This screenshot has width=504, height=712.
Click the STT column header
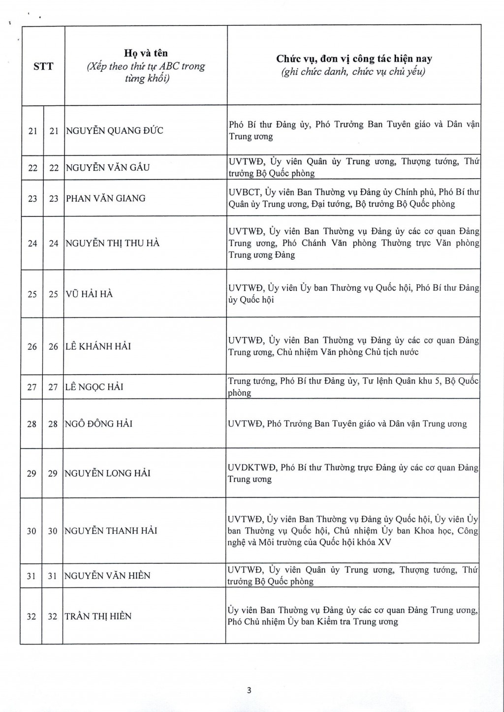tap(43, 66)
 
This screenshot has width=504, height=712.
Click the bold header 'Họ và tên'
tap(146, 53)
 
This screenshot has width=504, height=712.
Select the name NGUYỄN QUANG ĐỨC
tap(115, 130)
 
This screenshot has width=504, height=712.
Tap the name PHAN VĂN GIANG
tap(106, 198)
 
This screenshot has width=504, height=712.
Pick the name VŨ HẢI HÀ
tap(89, 294)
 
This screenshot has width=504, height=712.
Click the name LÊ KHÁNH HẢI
tap(98, 346)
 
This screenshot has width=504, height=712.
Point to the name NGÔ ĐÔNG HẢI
tap(98, 424)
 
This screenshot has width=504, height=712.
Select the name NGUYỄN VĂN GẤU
tap(108, 167)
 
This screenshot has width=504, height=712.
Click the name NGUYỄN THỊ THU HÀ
tap(113, 243)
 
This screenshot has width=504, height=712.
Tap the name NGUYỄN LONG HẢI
tap(107, 473)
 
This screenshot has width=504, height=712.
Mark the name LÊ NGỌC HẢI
tap(94, 387)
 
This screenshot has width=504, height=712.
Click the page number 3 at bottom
tap(249, 690)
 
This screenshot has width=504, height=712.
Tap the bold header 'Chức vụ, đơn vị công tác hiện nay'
tap(354, 59)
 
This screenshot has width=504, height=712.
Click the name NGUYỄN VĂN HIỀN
tap(107, 575)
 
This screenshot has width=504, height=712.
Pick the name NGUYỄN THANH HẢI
tap(111, 530)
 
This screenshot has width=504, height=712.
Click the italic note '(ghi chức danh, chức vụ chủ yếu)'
tap(354, 72)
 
